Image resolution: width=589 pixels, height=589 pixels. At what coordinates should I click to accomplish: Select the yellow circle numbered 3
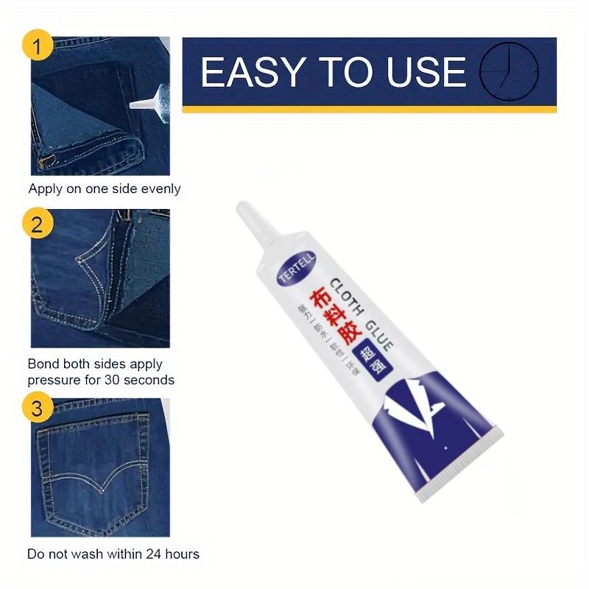click(x=39, y=407)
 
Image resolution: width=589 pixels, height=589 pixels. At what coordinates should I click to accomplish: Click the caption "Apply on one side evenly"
click(x=104, y=188)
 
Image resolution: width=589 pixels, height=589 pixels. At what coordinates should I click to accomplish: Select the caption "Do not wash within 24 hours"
click(x=113, y=554)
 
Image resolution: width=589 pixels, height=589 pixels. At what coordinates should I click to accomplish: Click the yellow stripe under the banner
click(x=368, y=109)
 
